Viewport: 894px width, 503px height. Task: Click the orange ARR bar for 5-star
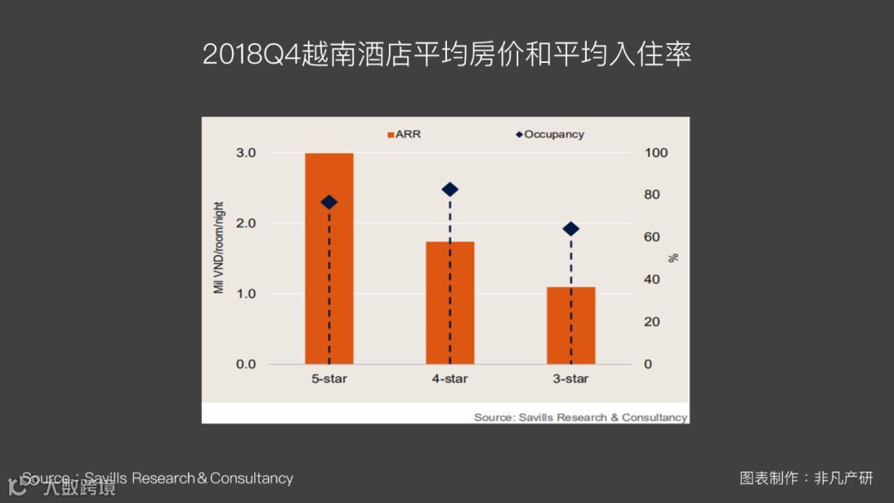tap(329, 258)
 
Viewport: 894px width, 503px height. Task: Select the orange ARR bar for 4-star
tap(449, 303)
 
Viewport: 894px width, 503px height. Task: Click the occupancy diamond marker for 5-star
tap(329, 202)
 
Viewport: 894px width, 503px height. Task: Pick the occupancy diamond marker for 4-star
tap(449, 189)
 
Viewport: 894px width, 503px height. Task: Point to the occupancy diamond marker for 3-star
tap(570, 229)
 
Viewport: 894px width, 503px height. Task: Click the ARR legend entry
tap(404, 134)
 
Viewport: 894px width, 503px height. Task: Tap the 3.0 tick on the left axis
tap(246, 153)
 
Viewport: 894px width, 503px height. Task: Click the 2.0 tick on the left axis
tap(246, 223)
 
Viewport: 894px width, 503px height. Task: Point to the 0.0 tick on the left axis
tap(246, 364)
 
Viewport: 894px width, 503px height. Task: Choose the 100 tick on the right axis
tap(656, 153)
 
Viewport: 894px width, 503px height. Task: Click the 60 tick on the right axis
tap(652, 237)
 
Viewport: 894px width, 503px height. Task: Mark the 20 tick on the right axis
tap(652, 322)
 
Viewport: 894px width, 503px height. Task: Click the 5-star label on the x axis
tap(329, 379)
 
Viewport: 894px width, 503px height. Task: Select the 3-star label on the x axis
tap(570, 379)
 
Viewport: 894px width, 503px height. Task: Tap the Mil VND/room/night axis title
tap(219, 247)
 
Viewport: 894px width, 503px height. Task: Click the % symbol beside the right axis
tap(674, 257)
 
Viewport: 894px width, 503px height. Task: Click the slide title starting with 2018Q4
tap(447, 55)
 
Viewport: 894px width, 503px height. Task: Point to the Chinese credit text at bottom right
tap(806, 478)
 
